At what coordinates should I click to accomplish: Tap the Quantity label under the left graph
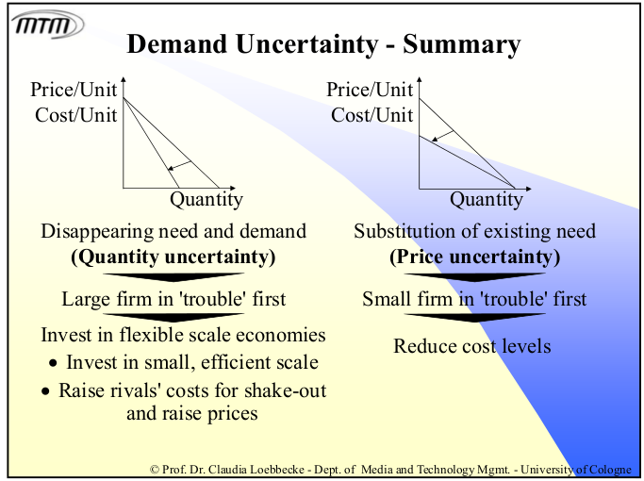206,199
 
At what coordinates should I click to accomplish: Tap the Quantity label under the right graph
486,199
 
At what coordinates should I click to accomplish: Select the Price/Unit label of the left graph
74,91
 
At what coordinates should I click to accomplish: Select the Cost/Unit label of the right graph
372,115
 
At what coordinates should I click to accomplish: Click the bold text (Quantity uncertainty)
173,257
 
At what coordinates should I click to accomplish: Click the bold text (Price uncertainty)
474,257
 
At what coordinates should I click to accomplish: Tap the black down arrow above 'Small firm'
474,278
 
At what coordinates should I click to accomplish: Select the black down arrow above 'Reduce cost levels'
474,319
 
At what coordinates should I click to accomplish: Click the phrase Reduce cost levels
471,346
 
